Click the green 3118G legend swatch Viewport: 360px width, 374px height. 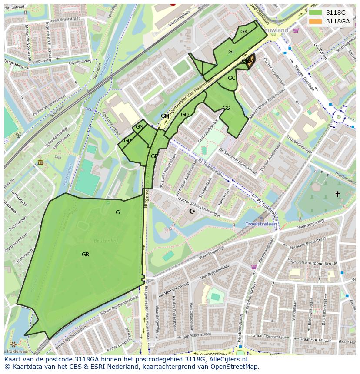point(316,13)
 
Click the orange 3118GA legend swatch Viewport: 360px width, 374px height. point(316,21)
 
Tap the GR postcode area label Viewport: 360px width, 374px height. point(85,255)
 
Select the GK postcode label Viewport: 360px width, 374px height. point(244,32)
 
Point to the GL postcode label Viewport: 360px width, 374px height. point(232,52)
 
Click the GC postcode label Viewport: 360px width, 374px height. point(231,79)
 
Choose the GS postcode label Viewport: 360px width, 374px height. point(226,108)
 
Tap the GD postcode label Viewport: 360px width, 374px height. point(185,115)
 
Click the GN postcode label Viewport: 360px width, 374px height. point(140,127)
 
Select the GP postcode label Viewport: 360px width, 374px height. point(127,141)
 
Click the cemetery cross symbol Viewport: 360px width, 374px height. point(337,194)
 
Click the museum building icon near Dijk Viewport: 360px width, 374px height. point(40,162)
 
